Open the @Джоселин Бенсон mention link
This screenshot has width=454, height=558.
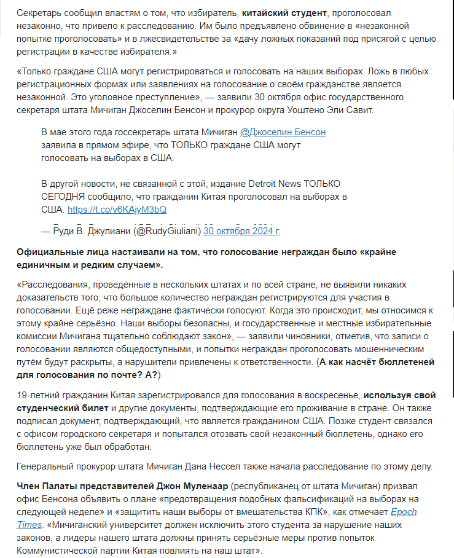[283, 132]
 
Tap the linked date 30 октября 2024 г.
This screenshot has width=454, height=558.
[241, 231]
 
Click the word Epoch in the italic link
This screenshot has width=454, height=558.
[404, 511]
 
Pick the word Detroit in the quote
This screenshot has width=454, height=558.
[265, 184]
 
